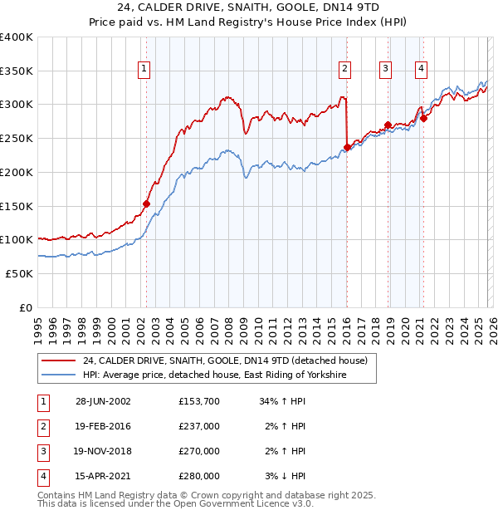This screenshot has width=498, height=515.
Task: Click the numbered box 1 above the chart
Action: point(145,69)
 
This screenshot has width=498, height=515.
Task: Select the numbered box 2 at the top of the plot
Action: point(344,69)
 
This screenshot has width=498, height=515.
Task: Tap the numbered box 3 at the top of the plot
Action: point(386,69)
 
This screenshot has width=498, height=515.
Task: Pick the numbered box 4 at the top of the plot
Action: point(422,69)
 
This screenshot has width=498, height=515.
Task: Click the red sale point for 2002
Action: point(147,203)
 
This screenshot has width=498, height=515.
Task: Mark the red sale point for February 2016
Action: point(347,148)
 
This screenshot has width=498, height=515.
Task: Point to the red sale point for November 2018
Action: point(388,125)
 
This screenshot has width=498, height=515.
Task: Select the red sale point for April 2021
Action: point(423,118)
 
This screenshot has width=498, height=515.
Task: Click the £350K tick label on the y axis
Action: point(17,71)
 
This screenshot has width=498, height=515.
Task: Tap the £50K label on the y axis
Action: point(19,273)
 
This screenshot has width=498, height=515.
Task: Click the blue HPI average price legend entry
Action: point(214,375)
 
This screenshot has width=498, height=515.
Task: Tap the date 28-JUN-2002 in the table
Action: point(103,401)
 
